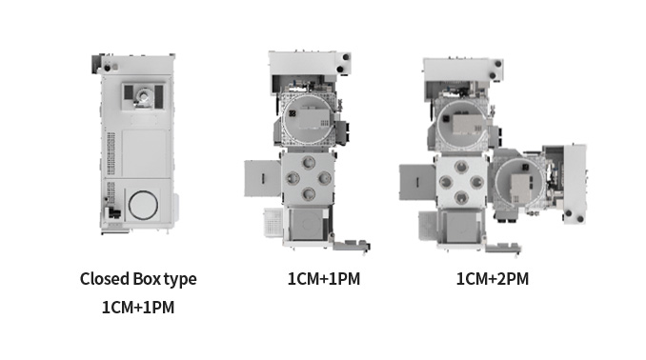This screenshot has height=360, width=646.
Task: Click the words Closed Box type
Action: coord(138,279)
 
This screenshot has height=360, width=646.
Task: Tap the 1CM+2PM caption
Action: coord(493,279)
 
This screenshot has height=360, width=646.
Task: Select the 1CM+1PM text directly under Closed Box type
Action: coord(138,308)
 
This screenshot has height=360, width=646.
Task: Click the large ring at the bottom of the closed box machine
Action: coord(129,205)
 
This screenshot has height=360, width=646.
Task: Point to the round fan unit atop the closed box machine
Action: coord(144,97)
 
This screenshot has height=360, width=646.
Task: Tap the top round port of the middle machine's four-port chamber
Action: coord(308,163)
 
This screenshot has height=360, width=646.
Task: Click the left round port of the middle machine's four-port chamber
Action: coord(293,178)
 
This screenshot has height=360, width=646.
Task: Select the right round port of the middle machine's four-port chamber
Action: coord(324,178)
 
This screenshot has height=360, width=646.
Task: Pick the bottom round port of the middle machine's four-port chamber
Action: coord(308,193)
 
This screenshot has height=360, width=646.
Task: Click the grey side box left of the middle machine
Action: coord(262,178)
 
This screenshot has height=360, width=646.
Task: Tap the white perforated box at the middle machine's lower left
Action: coord(273,223)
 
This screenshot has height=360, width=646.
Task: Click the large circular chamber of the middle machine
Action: coord(283,119)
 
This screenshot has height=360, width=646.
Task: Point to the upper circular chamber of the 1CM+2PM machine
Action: coord(438,124)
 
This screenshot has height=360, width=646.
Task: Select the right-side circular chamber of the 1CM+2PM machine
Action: coord(496,182)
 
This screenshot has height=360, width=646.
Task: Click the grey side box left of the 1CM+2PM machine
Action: coord(417,182)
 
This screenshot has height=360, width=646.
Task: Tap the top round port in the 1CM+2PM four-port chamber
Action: coord(461,167)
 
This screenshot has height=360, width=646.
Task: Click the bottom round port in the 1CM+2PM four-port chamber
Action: coord(461,198)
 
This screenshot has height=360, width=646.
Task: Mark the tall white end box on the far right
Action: coord(575,184)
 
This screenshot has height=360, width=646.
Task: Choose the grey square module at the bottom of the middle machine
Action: coord(307,225)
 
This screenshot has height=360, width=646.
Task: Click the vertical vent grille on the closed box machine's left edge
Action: coord(111,153)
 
